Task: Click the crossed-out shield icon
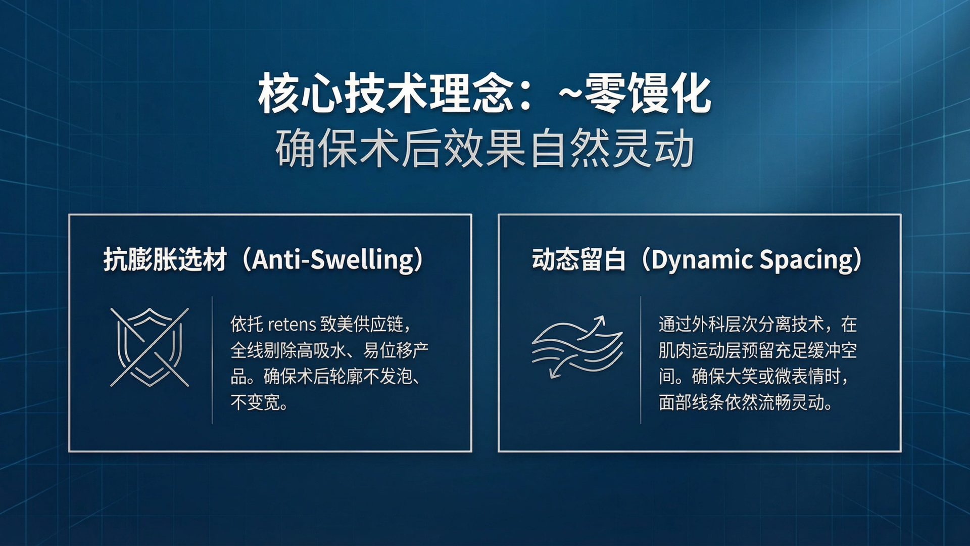[150, 347]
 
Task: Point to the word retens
[292, 324]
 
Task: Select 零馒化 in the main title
[648, 94]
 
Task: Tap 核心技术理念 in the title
[385, 94]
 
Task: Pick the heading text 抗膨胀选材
[165, 260]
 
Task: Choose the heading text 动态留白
[578, 260]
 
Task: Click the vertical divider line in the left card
[212, 360]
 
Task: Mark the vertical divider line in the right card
[641, 360]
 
